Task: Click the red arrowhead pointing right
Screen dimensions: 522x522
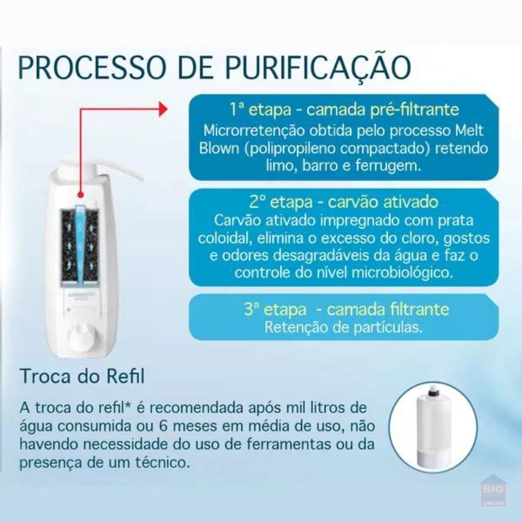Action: click(x=163, y=109)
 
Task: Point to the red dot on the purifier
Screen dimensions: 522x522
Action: click(x=80, y=195)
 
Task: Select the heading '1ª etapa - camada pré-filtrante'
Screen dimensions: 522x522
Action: click(x=344, y=109)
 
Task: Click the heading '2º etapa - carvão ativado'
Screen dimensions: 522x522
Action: click(x=343, y=201)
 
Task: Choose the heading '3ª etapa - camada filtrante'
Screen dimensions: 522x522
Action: click(x=346, y=309)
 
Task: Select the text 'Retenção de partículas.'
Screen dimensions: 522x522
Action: click(x=343, y=327)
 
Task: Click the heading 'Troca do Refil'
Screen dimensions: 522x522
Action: click(x=82, y=376)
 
